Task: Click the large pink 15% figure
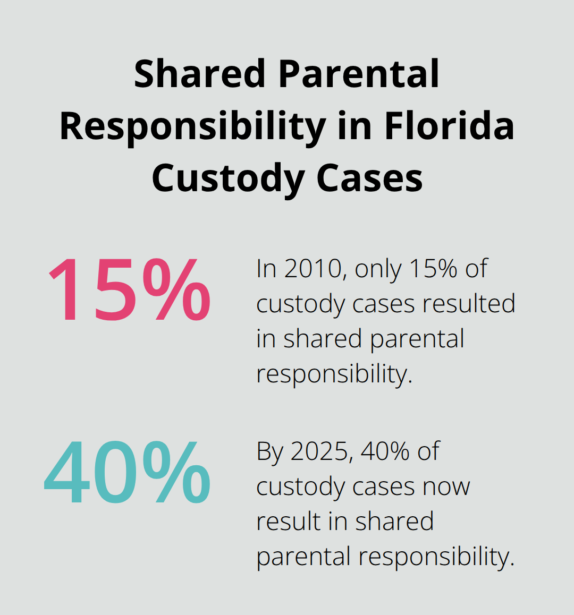point(129,290)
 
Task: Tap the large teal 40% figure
point(128,472)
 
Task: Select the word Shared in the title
point(199,74)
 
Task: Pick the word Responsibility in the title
point(192,127)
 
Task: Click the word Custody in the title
point(227,178)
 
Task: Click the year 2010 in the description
point(312,269)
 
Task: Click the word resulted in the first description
point(469,304)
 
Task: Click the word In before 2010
point(266,269)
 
